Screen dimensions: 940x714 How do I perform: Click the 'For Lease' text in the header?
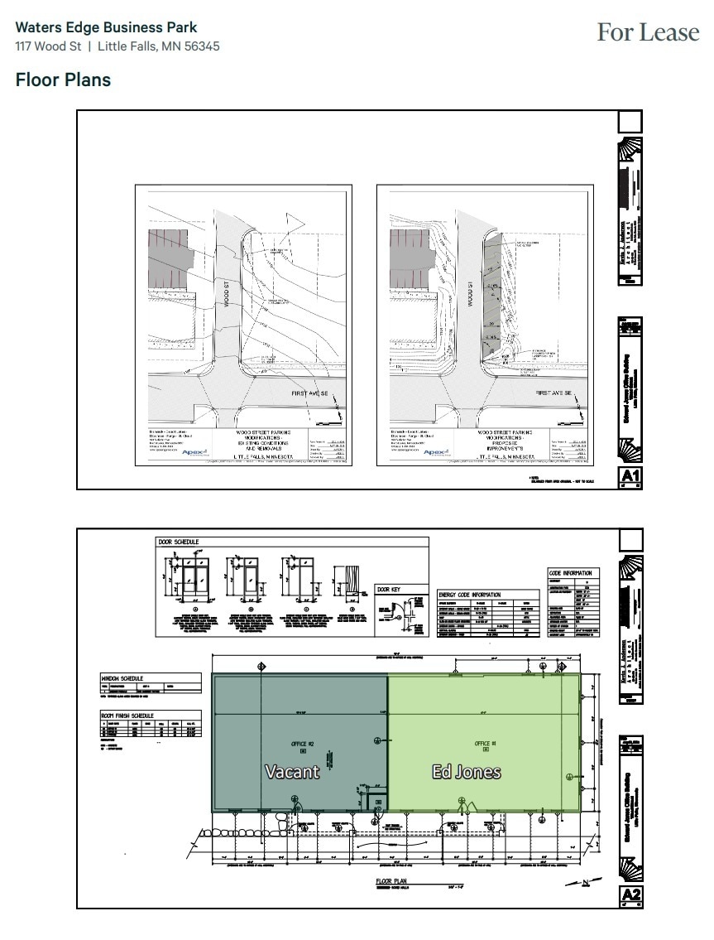point(648,33)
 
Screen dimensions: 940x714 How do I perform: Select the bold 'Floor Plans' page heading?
point(63,80)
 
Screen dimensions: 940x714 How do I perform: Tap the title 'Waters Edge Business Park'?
point(106,28)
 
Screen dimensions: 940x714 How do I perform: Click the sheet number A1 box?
point(630,476)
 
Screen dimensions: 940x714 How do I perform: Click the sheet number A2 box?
point(630,895)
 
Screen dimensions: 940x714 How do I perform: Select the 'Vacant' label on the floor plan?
point(291,772)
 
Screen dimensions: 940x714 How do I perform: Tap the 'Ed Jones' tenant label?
point(467,772)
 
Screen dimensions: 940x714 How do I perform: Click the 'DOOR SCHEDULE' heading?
point(179,542)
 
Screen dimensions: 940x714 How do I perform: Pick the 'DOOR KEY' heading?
point(389,590)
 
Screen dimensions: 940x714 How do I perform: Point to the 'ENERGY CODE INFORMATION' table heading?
point(469,595)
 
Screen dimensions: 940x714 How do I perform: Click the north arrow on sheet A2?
point(584,882)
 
